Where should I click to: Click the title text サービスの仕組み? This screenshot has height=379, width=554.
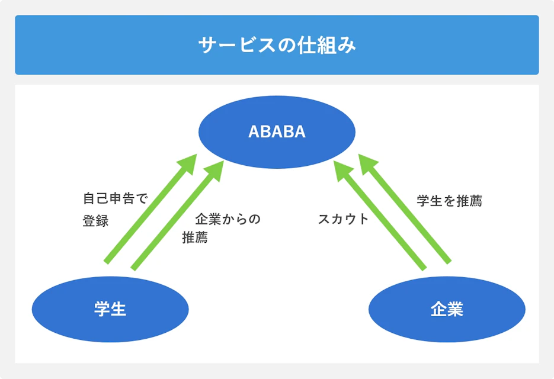coord(277,46)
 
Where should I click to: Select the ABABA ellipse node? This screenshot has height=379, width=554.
coord(277,131)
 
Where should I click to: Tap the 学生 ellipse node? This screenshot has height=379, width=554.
coord(110,309)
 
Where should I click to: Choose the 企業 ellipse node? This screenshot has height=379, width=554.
coord(447,309)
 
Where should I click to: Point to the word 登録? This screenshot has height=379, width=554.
coord(95,221)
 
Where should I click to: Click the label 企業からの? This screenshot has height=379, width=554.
coord(228,219)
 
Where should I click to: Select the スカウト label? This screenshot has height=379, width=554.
coord(343,219)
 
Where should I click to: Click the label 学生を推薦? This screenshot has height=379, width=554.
coord(449,201)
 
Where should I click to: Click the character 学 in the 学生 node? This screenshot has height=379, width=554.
coord(102,309)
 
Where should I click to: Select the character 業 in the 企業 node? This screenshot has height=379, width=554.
coord(455,309)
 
